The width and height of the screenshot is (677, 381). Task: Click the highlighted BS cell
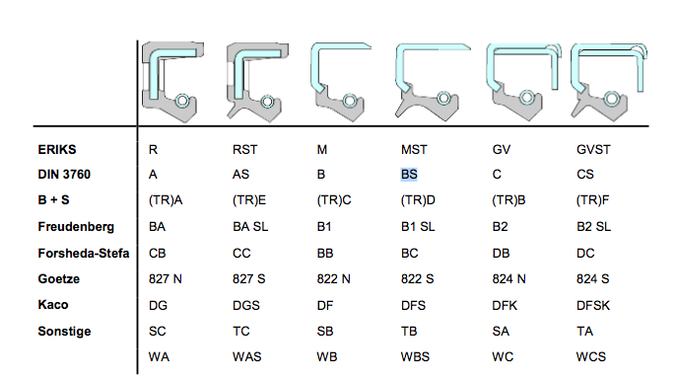(x=409, y=175)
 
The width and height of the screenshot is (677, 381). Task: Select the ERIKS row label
(x=57, y=150)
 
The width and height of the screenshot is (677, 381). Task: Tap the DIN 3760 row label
(x=64, y=175)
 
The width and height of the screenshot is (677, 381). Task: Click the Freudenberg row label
(x=76, y=227)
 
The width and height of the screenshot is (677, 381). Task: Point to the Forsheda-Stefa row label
(x=84, y=253)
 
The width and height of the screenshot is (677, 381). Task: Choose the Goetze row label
(x=59, y=279)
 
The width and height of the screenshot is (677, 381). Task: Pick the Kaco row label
(x=53, y=304)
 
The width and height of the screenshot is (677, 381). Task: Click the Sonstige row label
(x=64, y=332)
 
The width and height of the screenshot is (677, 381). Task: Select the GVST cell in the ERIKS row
(x=593, y=150)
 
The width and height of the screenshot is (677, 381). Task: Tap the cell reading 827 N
(x=166, y=279)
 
